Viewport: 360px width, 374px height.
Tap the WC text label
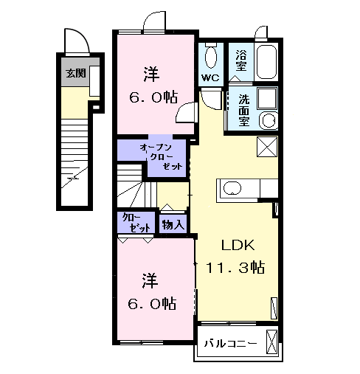point(210,77)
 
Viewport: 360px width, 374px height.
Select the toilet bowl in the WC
point(211,55)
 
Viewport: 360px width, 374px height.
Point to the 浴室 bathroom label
point(240,60)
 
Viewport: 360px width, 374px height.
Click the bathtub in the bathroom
point(266,61)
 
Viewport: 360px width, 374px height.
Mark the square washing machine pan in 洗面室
point(266,99)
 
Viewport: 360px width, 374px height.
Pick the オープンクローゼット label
point(156,157)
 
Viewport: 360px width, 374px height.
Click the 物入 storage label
point(174,224)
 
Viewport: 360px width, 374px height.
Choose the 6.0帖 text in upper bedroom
point(154,97)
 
